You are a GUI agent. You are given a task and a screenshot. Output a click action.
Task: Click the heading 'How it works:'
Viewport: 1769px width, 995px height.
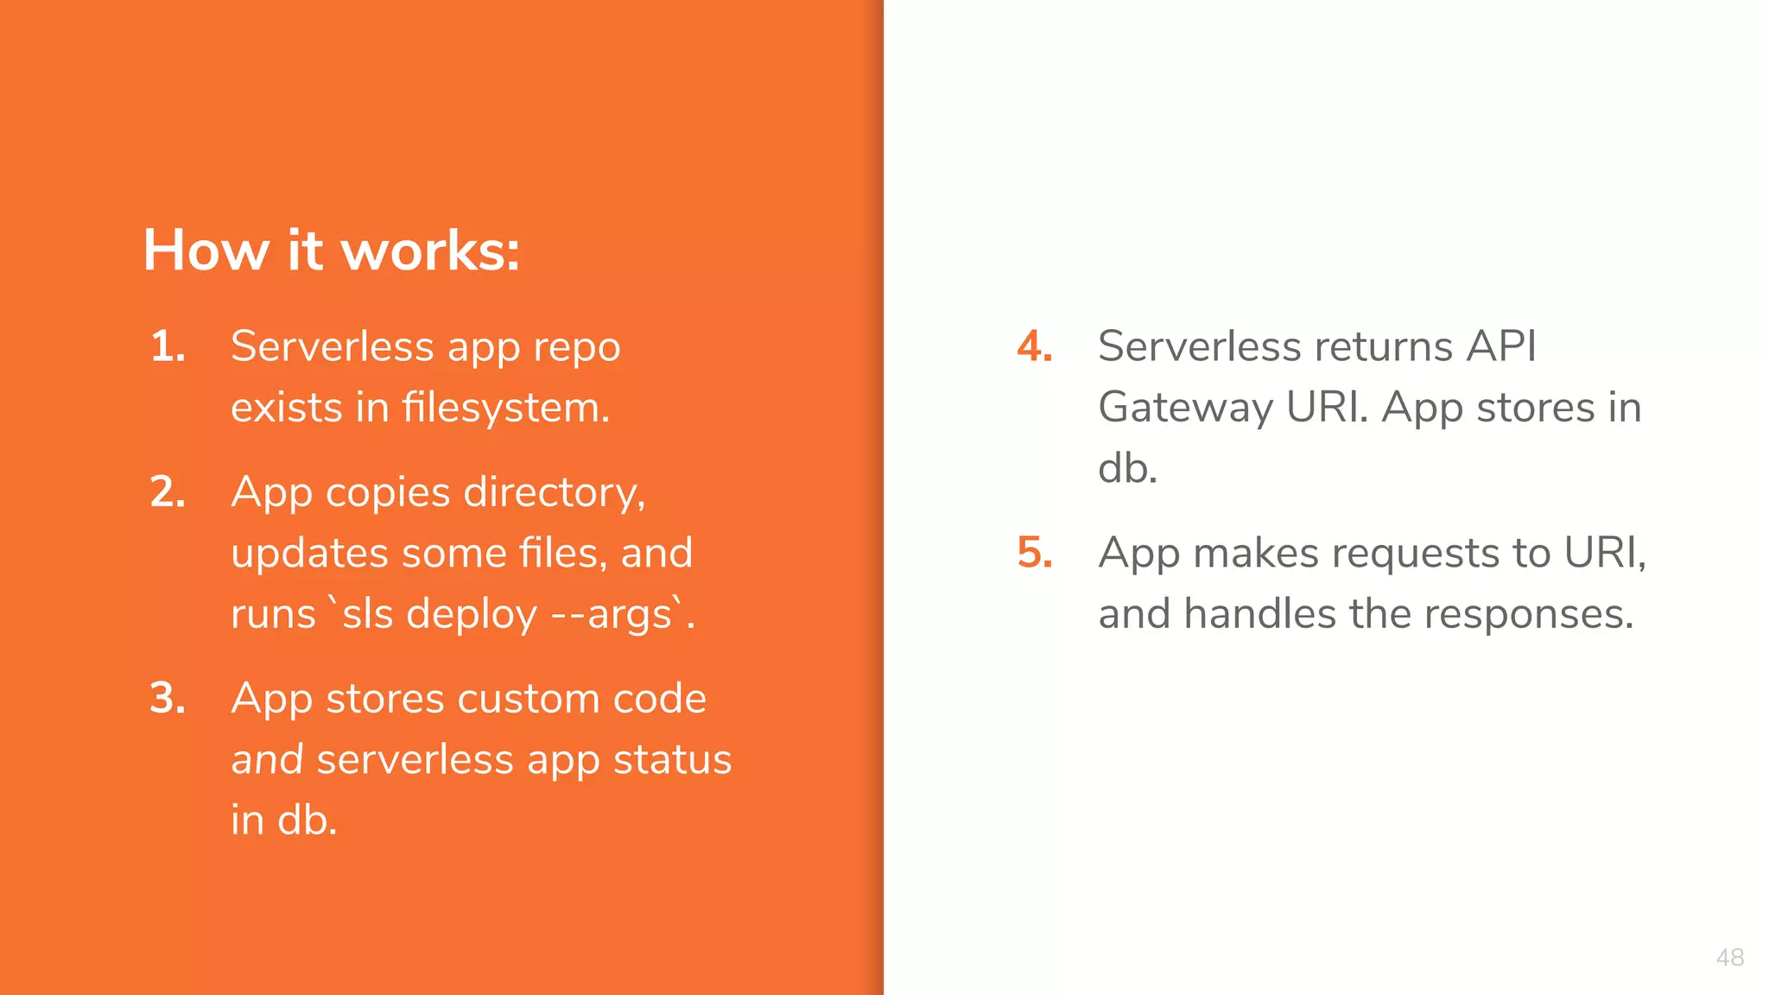(331, 250)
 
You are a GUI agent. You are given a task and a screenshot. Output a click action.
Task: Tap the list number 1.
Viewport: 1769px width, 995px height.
(168, 347)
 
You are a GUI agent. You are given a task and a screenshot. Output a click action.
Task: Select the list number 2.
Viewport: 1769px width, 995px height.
(168, 492)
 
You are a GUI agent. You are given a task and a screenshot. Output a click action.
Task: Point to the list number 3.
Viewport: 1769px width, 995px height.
(168, 699)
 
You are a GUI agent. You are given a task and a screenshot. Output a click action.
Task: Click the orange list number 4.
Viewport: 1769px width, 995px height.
(1034, 347)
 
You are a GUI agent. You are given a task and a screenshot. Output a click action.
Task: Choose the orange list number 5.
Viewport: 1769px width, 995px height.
(1034, 553)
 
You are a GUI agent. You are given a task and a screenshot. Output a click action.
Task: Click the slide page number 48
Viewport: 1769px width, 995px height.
(1729, 957)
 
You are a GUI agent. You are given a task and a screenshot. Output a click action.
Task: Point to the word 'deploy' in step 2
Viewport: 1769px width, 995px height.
(472, 615)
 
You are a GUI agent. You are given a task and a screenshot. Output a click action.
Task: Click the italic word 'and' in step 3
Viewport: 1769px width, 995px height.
(267, 760)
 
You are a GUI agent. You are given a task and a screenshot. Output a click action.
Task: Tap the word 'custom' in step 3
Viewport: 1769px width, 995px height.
(528, 699)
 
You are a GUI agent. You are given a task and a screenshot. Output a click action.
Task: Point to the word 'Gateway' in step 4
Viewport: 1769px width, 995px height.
(1185, 408)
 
